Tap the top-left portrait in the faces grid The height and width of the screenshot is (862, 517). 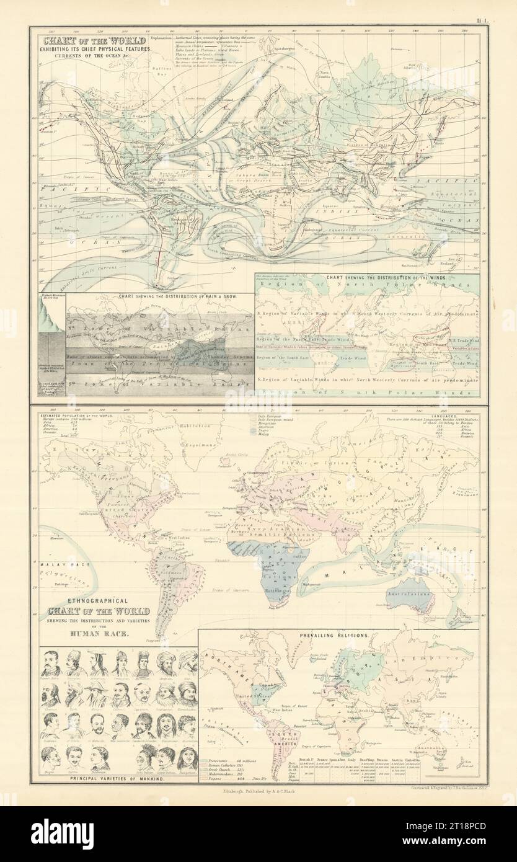point(51,664)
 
